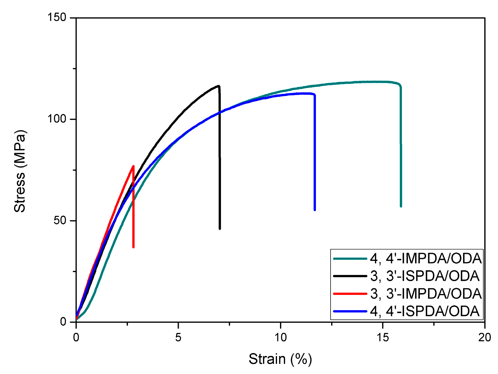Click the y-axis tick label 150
tap(57, 17)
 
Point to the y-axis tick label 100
tap(57, 119)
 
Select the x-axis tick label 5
tap(178, 337)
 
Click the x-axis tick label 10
tap(280, 337)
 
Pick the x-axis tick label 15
tap(382, 337)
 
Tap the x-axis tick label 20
tap(484, 337)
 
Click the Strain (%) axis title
tap(280, 359)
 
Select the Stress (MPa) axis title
tap(20, 171)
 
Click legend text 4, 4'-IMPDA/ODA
tap(426, 259)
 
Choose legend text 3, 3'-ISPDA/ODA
tap(425, 276)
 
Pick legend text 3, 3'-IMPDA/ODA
tap(426, 294)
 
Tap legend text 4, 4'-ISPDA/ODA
tap(425, 311)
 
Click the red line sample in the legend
tap(350, 294)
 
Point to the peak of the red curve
tap(133, 166)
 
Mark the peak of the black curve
tap(219, 86)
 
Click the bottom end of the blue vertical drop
tap(315, 210)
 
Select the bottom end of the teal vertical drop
tap(401, 206)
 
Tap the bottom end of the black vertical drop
tap(220, 229)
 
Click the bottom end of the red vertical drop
tap(133, 247)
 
